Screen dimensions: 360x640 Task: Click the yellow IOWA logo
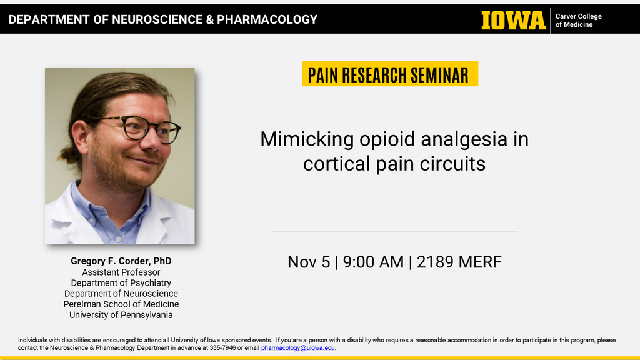tap(513, 20)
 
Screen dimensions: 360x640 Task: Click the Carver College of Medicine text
tap(578, 21)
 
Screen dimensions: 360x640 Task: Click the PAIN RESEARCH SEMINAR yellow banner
tap(389, 74)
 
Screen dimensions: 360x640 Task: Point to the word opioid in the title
tap(387, 139)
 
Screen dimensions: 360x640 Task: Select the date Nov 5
tap(309, 261)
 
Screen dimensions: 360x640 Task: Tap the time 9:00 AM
tap(373, 261)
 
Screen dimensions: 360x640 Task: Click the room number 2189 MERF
tap(459, 261)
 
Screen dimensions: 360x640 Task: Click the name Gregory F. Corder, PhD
tap(121, 261)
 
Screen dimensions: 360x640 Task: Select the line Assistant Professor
tap(121, 272)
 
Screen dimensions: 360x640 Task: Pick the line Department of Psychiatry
tap(121, 282)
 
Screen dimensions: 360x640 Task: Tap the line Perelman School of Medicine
tap(121, 304)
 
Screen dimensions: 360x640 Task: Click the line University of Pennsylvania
tap(121, 314)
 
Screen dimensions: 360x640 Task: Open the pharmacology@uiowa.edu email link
tap(298, 347)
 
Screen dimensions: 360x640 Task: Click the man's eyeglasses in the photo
tap(143, 128)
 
